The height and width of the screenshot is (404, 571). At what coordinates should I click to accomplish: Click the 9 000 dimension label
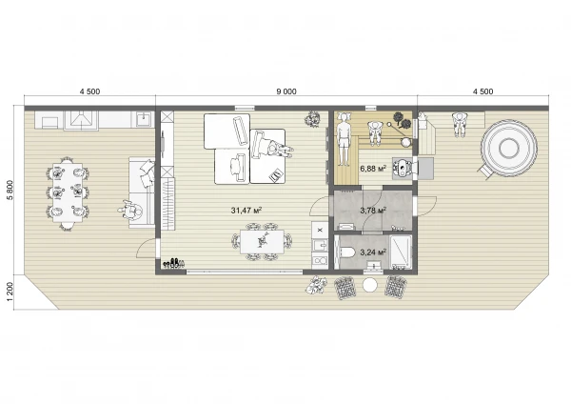coord(286,91)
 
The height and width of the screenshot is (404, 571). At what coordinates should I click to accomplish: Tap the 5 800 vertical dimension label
coord(10,190)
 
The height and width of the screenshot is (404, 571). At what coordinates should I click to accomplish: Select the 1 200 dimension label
coord(10,292)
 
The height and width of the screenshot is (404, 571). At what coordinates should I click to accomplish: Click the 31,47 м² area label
coord(246,210)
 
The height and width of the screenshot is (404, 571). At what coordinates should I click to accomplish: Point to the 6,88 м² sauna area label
coord(373,169)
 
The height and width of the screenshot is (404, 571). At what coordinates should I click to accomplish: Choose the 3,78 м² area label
coord(373,210)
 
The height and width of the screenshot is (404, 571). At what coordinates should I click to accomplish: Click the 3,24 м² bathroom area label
coord(373,252)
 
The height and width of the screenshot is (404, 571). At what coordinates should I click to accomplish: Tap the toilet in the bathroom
coord(346,252)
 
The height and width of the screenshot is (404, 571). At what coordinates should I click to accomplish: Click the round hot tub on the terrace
coord(509,148)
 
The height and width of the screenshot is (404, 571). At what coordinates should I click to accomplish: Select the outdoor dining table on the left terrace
coord(68,192)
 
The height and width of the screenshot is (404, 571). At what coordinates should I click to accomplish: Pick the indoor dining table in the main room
coord(262,241)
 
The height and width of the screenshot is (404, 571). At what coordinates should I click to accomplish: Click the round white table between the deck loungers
coord(370,285)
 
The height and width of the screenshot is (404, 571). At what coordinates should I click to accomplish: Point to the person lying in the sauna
coord(343,138)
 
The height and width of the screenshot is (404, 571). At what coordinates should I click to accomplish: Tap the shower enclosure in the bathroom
coord(401,252)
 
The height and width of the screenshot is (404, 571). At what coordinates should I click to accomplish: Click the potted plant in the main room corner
coord(312,118)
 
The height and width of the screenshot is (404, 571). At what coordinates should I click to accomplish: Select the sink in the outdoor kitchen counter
coord(145,118)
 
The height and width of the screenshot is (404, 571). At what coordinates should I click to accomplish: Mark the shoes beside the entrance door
coord(173,263)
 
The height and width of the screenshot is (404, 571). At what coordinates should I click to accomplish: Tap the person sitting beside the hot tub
coord(460,124)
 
